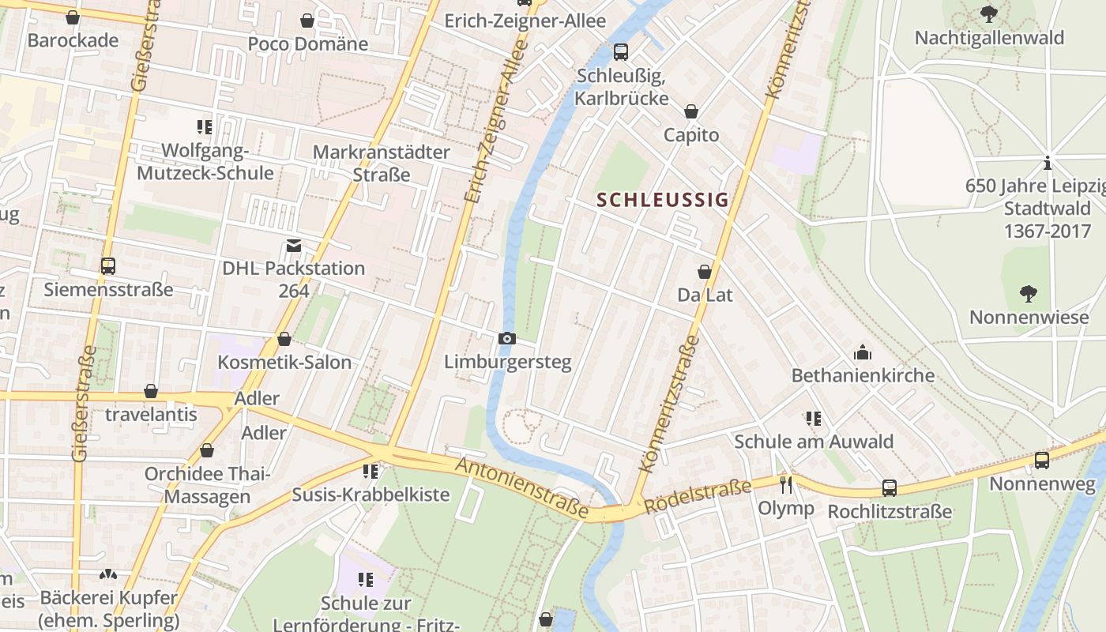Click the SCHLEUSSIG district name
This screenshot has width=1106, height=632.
pyautogui.click(x=662, y=200)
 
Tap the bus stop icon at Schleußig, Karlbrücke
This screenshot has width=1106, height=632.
pyautogui.click(x=621, y=52)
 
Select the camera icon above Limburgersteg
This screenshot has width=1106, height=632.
pyautogui.click(x=507, y=339)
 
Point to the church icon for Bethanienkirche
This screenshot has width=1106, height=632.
pyautogui.click(x=863, y=352)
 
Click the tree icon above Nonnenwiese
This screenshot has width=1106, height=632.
pyautogui.click(x=1028, y=294)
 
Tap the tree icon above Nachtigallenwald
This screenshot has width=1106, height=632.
pyautogui.click(x=988, y=13)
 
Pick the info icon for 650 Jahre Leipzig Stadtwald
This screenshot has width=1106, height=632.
pyautogui.click(x=1048, y=164)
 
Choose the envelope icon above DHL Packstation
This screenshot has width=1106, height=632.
pyautogui.click(x=294, y=246)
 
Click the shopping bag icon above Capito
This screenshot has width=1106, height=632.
pyautogui.click(x=691, y=111)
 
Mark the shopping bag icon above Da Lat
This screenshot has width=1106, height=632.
pyautogui.click(x=705, y=272)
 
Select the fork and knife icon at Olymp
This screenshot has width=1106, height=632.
pyautogui.click(x=785, y=484)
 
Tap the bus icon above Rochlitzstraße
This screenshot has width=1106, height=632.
pyautogui.click(x=890, y=488)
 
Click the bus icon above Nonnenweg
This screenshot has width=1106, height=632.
pyautogui.click(x=1042, y=460)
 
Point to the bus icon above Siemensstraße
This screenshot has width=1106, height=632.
pyautogui.click(x=108, y=266)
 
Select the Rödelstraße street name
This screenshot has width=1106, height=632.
pyautogui.click(x=697, y=496)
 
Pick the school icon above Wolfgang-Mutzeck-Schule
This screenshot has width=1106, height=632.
pyautogui.click(x=205, y=126)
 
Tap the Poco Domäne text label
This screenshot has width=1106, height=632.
pyautogui.click(x=308, y=43)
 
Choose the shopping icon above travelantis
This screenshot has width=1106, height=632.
pyautogui.click(x=151, y=391)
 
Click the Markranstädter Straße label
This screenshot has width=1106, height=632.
pyautogui.click(x=382, y=163)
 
